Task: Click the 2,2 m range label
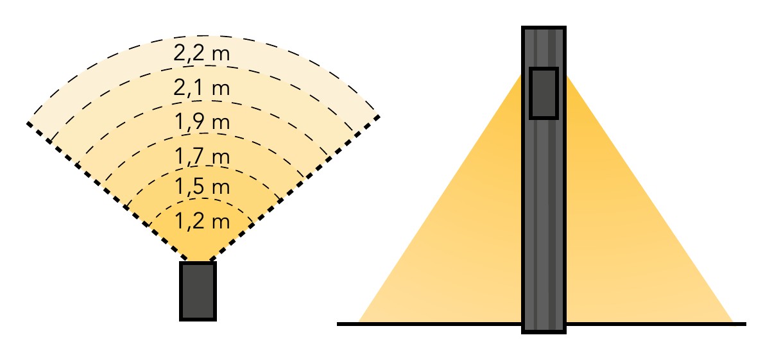click(202, 53)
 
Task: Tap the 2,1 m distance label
click(202, 87)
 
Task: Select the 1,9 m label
click(202, 122)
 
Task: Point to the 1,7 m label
click(202, 156)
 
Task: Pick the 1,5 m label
click(202, 186)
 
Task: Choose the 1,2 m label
click(202, 221)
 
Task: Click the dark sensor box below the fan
click(198, 291)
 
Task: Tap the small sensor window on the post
click(544, 93)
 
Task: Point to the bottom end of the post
click(544, 333)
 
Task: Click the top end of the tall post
click(544, 27)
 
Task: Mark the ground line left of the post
click(429, 324)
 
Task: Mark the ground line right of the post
click(656, 324)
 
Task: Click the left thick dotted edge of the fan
click(107, 191)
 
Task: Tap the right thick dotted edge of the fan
click(295, 188)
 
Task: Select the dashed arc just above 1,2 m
click(202, 198)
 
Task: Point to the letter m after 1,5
click(221, 189)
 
